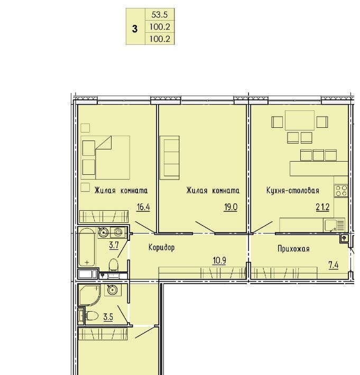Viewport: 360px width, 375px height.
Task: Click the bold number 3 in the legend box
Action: click(135, 29)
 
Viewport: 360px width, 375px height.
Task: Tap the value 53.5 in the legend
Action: click(160, 15)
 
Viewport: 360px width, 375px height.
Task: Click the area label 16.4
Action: click(143, 207)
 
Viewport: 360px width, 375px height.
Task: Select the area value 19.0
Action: click(230, 207)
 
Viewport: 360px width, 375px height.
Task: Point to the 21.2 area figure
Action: click(322, 207)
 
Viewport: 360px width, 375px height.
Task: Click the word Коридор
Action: click(162, 247)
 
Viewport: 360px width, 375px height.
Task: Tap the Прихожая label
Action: click(293, 249)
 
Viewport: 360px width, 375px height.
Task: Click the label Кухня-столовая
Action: click(293, 191)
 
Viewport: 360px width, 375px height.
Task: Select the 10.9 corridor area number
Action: click(219, 260)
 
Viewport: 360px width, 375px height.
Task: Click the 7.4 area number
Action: click(333, 265)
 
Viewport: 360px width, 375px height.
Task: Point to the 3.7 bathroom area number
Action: click(114, 245)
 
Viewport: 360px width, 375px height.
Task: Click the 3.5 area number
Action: click(108, 317)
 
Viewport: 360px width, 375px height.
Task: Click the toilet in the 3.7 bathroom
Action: click(114, 266)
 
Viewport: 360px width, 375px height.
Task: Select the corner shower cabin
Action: click(89, 295)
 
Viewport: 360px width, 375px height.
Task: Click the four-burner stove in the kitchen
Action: click(341, 191)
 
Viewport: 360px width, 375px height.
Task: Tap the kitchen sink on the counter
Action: click(334, 226)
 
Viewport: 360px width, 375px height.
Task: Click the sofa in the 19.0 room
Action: click(170, 157)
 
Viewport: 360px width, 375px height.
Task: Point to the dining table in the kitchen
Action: click(300, 120)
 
